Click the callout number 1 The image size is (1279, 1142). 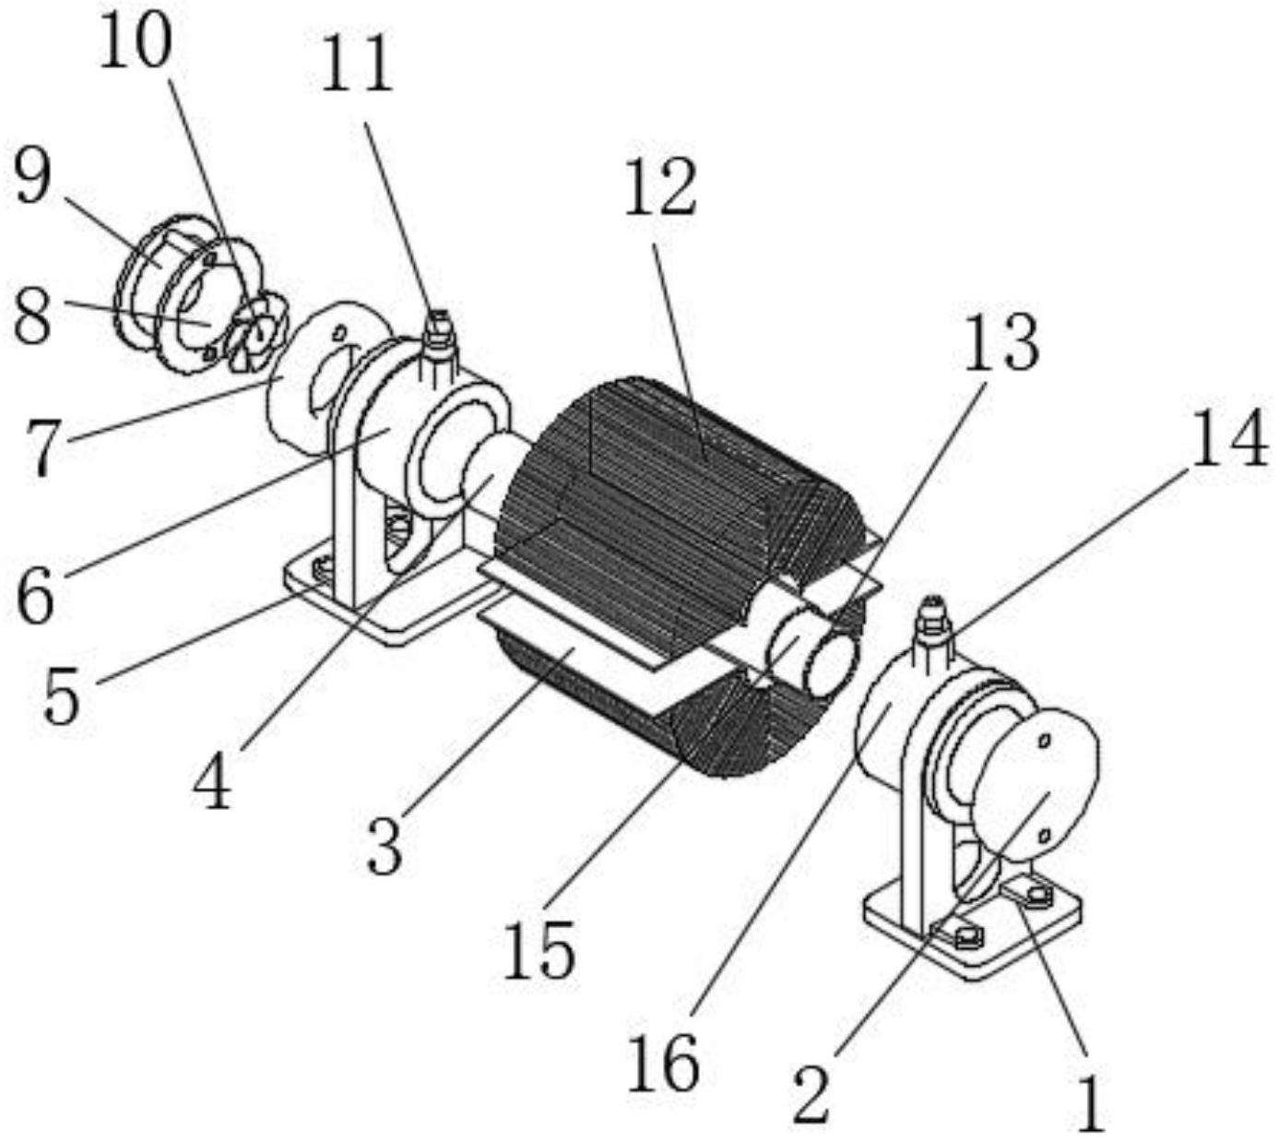1091,1100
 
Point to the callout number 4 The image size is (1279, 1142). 213,779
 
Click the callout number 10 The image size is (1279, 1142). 135,43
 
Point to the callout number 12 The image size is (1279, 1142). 660,185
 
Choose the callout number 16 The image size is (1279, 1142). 663,1061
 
